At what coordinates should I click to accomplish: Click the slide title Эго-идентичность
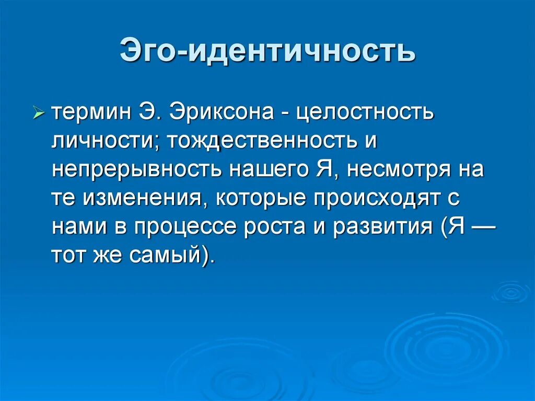coord(267,52)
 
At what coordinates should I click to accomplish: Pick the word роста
coord(293,228)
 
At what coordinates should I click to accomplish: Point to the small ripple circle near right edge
coord(510,292)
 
